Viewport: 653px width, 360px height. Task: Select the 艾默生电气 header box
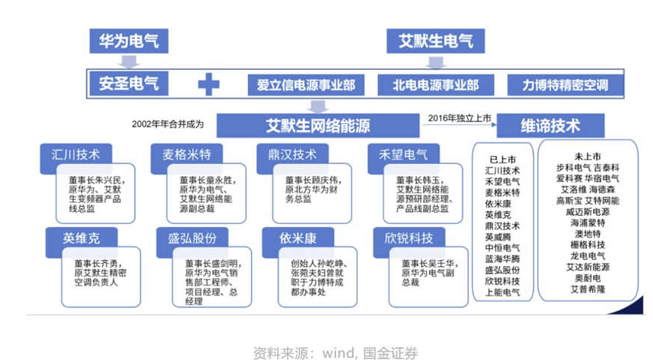tap(435, 41)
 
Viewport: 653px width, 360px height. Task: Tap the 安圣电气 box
tap(128, 83)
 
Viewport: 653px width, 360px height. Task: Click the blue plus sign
tap(208, 84)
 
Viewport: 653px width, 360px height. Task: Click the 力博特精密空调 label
tap(565, 85)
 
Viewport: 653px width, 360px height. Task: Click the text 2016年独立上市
tap(458, 117)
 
